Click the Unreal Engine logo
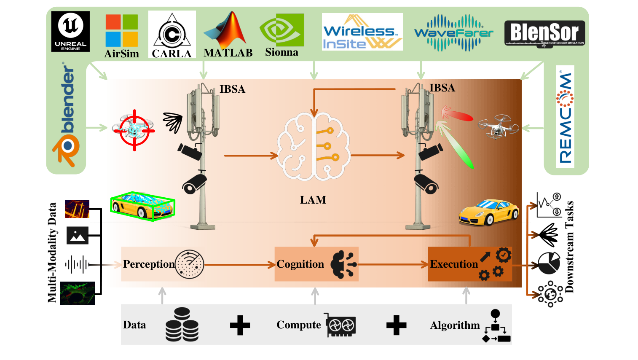click(70, 31)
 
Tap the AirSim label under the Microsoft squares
click(121, 54)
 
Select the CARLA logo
click(172, 35)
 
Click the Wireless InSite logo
click(362, 32)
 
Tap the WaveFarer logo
click(454, 33)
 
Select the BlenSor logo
click(544, 33)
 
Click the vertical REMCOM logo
click(565, 117)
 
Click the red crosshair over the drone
click(134, 130)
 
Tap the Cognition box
click(316, 264)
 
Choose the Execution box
click(469, 264)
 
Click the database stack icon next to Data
click(182, 325)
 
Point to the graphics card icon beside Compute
click(340, 325)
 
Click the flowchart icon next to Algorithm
click(496, 326)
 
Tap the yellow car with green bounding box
click(142, 206)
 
